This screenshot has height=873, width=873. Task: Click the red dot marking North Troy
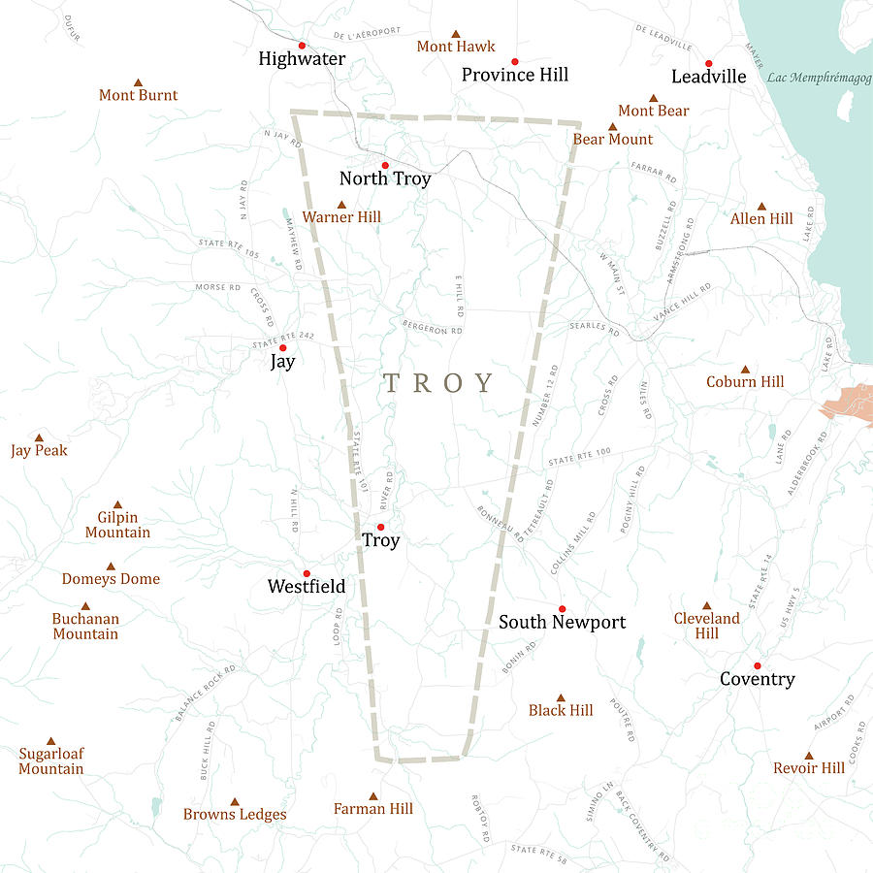(385, 165)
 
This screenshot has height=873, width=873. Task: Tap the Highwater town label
(302, 59)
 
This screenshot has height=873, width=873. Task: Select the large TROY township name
(439, 382)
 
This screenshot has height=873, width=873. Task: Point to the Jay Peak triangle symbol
(39, 437)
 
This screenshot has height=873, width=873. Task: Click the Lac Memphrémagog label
(818, 78)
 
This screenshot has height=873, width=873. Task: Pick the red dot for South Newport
(562, 608)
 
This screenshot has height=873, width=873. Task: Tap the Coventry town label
(757, 679)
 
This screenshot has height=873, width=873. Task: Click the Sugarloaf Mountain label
(51, 760)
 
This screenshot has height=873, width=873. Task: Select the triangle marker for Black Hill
(561, 697)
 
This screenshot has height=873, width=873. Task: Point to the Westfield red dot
(307, 573)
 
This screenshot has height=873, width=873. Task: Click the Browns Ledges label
(235, 814)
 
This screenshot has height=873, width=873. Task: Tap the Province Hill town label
(515, 75)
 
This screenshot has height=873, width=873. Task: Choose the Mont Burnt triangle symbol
(138, 82)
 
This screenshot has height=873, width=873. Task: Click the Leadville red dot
(709, 63)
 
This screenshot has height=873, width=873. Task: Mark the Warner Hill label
(341, 217)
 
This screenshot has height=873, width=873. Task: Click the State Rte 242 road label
(283, 338)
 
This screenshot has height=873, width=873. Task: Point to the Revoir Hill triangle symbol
(809, 755)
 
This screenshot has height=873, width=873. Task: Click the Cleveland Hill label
(706, 626)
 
